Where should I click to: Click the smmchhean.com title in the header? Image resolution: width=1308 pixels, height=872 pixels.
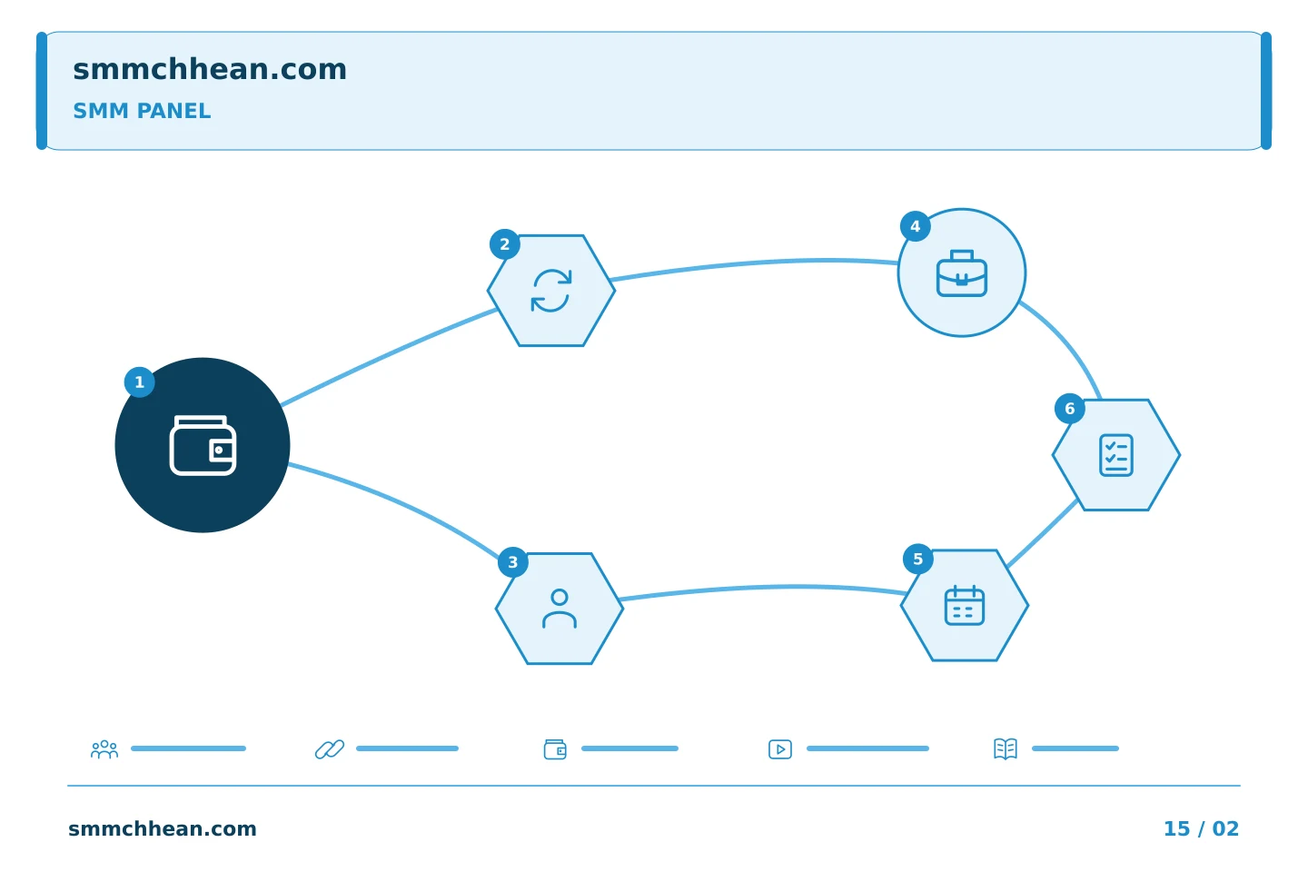coord(210,69)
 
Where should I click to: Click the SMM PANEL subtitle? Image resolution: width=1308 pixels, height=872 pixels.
coord(142,111)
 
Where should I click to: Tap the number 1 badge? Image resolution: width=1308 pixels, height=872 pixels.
coord(140,382)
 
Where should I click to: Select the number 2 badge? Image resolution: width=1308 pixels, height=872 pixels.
coord(505,244)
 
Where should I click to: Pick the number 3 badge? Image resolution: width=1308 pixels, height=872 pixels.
coord(513,562)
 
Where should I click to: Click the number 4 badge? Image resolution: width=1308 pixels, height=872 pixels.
coord(916,226)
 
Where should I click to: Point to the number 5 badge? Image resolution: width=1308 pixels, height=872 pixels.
coord(918,560)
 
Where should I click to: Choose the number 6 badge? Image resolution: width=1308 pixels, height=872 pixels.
coord(1070,409)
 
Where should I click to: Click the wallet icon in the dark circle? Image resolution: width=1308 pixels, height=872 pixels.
coord(203,446)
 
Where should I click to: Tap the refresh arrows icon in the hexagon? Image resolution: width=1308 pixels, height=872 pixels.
coord(551,291)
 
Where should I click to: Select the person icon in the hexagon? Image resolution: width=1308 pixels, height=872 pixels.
coord(560,609)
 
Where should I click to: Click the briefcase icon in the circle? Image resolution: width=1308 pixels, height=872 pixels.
coord(962,273)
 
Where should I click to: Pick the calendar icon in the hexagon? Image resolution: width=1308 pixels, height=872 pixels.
coord(965,605)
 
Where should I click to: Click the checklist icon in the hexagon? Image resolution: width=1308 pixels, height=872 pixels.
coord(1116,455)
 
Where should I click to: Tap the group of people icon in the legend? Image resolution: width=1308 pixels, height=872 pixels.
coord(104,749)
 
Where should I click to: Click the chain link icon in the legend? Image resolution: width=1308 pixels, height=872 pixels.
coord(330,749)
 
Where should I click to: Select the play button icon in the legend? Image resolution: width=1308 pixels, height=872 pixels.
coord(780,749)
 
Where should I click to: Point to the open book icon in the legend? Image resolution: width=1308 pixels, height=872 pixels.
coord(1006,749)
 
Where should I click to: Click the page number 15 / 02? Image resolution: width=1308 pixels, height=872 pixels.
coord(1201,828)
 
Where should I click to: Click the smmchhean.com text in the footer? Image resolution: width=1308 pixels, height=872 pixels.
coord(163,828)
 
